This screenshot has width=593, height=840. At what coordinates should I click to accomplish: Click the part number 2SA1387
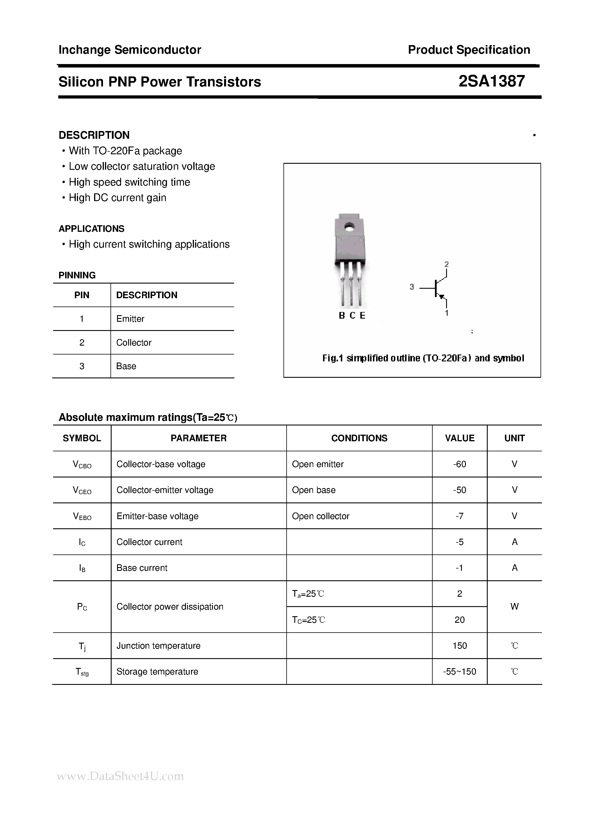[x=491, y=81]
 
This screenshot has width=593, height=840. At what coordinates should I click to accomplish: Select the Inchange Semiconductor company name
[x=130, y=50]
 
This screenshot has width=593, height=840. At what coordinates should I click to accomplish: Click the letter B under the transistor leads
[x=342, y=315]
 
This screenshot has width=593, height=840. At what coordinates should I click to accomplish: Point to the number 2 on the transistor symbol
[x=446, y=264]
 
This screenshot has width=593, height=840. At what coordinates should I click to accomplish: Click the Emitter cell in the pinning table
[x=130, y=319]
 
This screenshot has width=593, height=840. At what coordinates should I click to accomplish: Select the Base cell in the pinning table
[x=126, y=366]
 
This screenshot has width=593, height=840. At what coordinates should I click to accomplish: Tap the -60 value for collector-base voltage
[x=459, y=464]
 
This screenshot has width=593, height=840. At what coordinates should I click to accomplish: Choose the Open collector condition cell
[x=320, y=516]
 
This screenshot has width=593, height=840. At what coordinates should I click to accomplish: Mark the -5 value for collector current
[x=459, y=542]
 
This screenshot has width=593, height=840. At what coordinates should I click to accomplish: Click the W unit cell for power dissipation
[x=514, y=606]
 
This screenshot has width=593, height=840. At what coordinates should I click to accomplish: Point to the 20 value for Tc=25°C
[x=459, y=620]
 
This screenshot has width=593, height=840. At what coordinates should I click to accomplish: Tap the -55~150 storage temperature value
[x=459, y=672]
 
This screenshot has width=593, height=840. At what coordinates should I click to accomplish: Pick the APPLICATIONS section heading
[x=91, y=229]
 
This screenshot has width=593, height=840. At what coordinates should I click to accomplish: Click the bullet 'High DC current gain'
[x=117, y=198]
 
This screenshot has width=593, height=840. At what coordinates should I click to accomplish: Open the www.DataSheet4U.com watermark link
[x=120, y=776]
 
